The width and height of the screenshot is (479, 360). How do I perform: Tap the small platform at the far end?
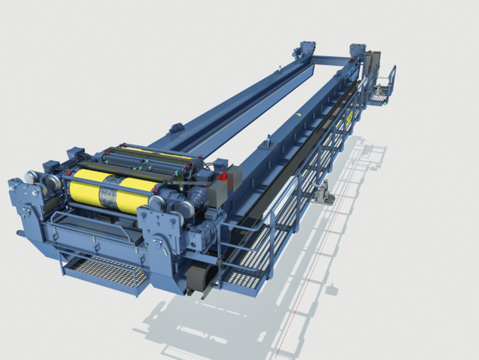(380, 96)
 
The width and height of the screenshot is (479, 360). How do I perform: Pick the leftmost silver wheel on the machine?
(31, 179)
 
